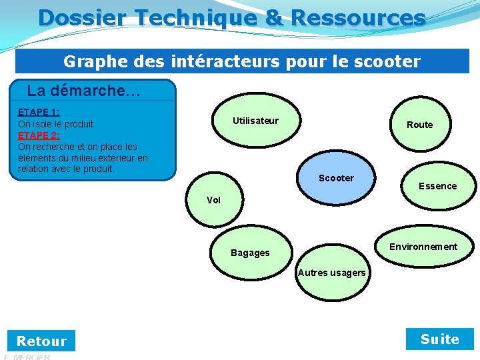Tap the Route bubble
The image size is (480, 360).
pos(419,125)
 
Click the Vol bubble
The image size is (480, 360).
pos(214,200)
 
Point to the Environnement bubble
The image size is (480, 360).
pos(423,247)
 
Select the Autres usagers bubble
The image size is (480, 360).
pos(331,273)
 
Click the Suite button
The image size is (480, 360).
pos(440,339)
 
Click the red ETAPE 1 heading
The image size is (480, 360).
pos(39,112)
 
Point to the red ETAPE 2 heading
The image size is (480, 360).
pos(39,135)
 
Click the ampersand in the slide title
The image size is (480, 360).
pos(273,17)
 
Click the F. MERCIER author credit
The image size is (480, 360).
pos(27,357)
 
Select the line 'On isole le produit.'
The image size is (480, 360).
pos(57,124)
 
